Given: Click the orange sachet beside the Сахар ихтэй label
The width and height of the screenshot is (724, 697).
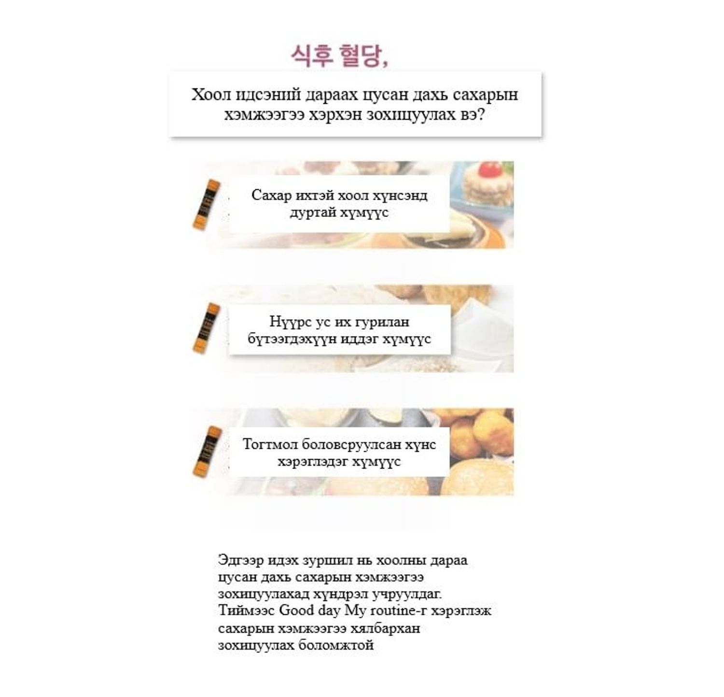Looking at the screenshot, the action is coord(206,205).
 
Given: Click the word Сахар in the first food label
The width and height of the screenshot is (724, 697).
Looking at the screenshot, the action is coord(272,195).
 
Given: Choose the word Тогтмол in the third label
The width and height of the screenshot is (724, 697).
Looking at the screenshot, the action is coord(270,444).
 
